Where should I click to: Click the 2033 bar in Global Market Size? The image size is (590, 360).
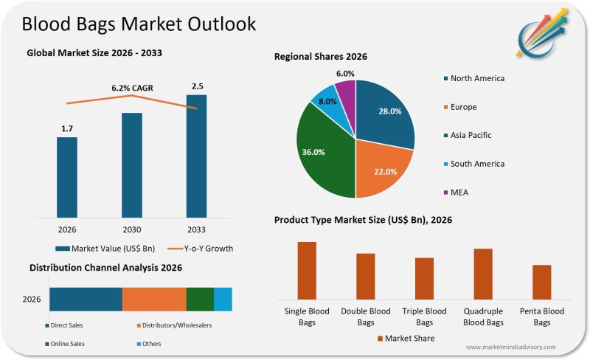click(x=196, y=156)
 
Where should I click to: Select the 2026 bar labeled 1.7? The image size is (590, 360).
click(x=67, y=178)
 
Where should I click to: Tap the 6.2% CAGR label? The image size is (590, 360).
click(x=131, y=87)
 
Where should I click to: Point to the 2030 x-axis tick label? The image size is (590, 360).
click(x=131, y=229)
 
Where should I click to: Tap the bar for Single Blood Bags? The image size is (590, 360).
click(x=307, y=270)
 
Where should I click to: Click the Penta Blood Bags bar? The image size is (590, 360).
click(x=541, y=281)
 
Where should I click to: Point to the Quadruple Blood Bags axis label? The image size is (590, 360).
click(x=483, y=316)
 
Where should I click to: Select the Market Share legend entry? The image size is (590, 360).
click(x=406, y=338)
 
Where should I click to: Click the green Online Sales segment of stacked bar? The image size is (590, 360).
click(x=200, y=299)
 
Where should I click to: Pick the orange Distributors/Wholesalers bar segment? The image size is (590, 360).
click(x=154, y=299)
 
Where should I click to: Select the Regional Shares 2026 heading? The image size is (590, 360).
click(x=321, y=56)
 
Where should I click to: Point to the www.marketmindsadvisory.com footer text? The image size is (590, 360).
click(x=511, y=347)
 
